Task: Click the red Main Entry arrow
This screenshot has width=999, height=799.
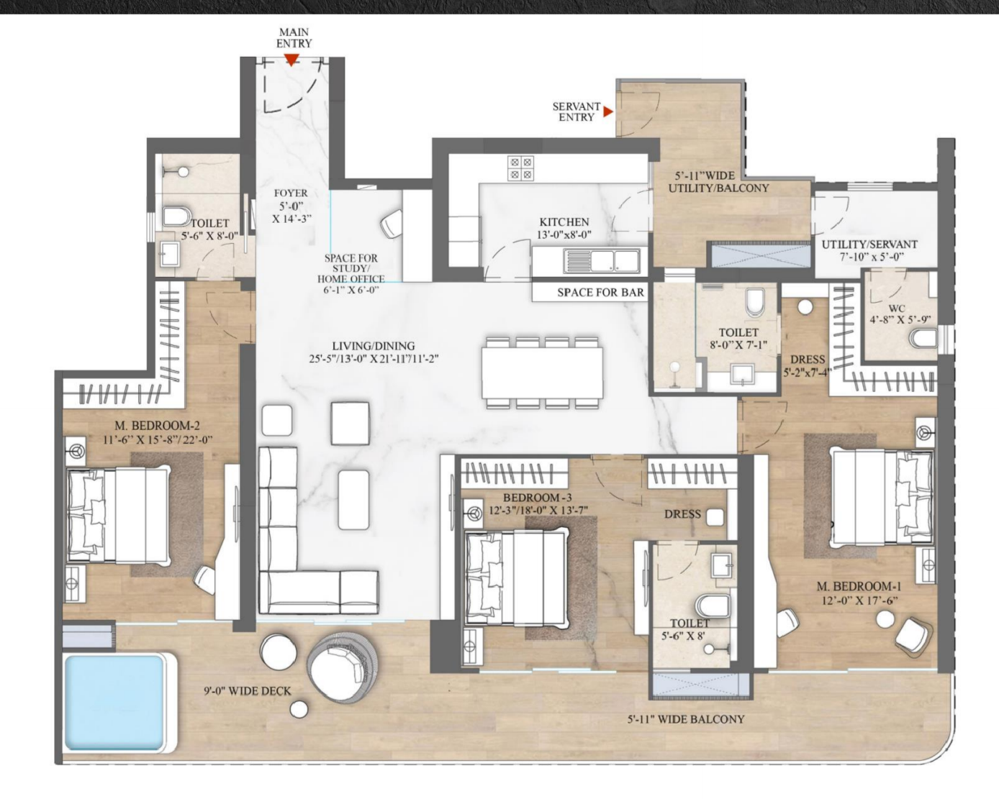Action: (291, 60)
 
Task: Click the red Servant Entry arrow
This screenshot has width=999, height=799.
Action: (608, 111)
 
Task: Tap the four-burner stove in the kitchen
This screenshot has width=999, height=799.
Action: (520, 168)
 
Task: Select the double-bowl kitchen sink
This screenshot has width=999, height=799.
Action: (601, 260)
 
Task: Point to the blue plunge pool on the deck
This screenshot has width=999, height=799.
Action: (115, 702)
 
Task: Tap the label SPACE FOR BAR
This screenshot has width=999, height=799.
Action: (601, 292)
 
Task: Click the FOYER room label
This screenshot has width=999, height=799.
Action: (291, 193)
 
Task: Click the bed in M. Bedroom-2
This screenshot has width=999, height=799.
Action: (118, 515)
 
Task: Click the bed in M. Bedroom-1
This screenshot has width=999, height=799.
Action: (882, 495)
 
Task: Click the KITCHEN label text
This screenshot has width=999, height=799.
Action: (564, 222)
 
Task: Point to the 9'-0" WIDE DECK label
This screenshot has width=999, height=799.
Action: (248, 691)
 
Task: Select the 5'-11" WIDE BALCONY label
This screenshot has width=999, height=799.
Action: (686, 719)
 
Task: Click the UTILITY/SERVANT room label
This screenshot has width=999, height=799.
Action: (869, 244)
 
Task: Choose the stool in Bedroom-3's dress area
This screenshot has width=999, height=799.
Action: (715, 517)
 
